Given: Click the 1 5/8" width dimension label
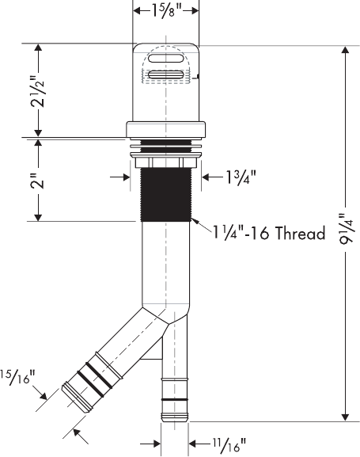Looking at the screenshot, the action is click(x=166, y=11).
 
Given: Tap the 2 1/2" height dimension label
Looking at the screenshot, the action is click(x=38, y=91).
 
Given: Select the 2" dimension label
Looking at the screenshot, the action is click(x=38, y=181).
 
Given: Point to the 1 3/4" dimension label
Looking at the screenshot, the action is click(x=241, y=177).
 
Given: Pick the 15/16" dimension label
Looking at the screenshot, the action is click(x=17, y=377).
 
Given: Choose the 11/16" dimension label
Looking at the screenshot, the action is click(x=229, y=445).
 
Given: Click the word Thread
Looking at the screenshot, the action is click(x=301, y=234).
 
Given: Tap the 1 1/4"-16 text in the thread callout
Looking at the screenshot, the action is click(x=242, y=234).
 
